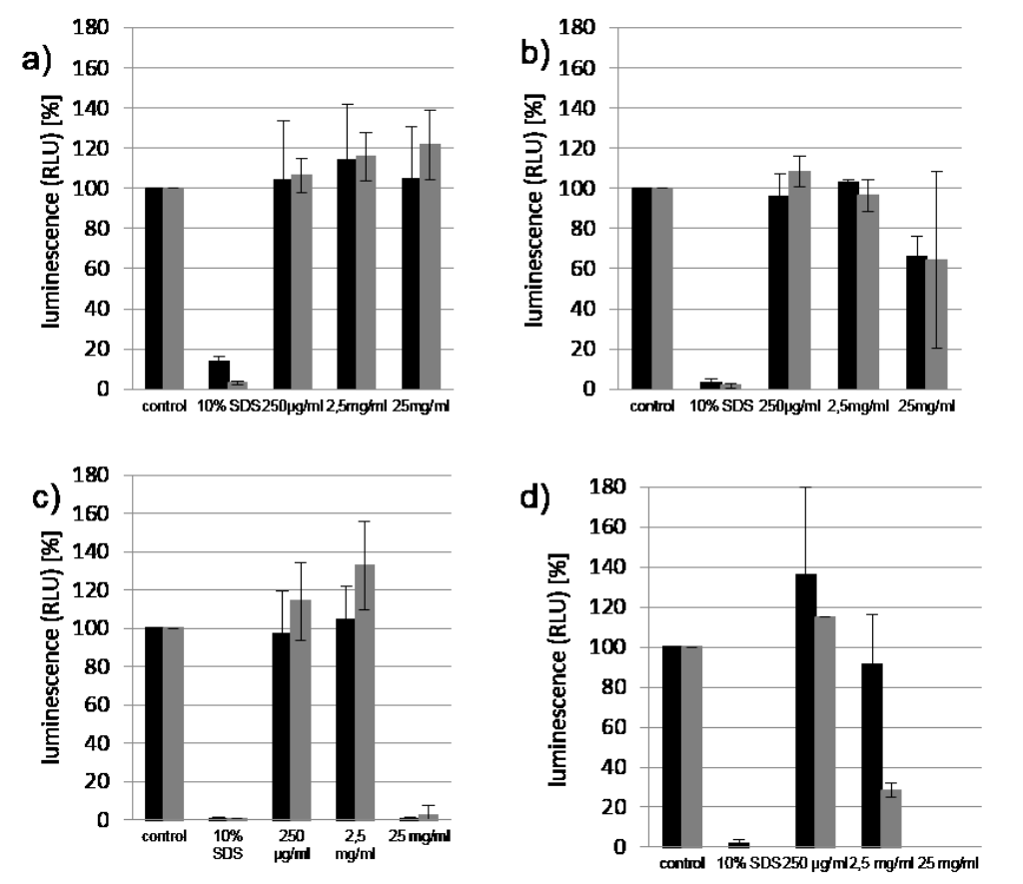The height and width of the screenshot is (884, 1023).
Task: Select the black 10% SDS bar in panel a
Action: click(219, 375)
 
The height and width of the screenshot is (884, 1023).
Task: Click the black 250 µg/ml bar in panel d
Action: click(805, 710)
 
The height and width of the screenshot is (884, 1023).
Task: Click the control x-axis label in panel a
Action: click(163, 407)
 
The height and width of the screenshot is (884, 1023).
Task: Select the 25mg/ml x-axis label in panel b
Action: click(926, 407)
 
